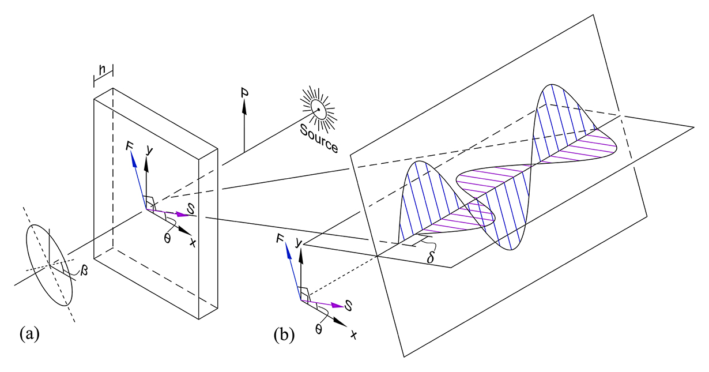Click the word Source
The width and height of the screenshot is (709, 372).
coord(319,137)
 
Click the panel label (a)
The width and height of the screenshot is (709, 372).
coord(29,333)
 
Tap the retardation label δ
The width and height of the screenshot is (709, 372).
coord(431,257)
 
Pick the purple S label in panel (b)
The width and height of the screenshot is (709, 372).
coord(349,305)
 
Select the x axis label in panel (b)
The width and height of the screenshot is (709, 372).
coord(353,334)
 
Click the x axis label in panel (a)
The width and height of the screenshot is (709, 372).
coord(193,243)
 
